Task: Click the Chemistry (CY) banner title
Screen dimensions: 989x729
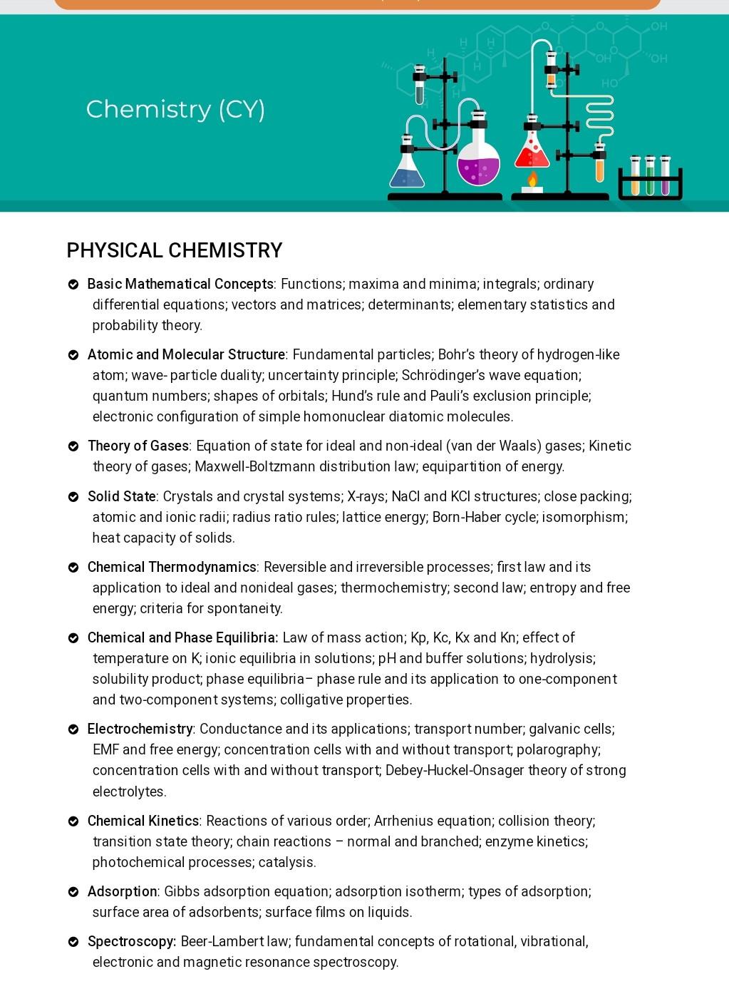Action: click(175, 109)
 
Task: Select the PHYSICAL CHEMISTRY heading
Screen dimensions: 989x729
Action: click(175, 250)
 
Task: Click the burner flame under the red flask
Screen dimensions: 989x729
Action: click(532, 179)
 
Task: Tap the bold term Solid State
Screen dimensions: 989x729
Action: click(122, 496)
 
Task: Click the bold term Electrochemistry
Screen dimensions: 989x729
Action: click(140, 729)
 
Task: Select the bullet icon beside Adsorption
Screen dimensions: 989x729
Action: click(73, 892)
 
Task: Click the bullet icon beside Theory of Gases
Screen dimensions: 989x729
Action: click(73, 446)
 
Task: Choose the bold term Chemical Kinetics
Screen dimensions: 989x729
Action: click(143, 821)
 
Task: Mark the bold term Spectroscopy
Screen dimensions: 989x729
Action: click(131, 941)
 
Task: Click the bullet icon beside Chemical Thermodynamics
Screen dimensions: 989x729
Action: click(73, 568)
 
